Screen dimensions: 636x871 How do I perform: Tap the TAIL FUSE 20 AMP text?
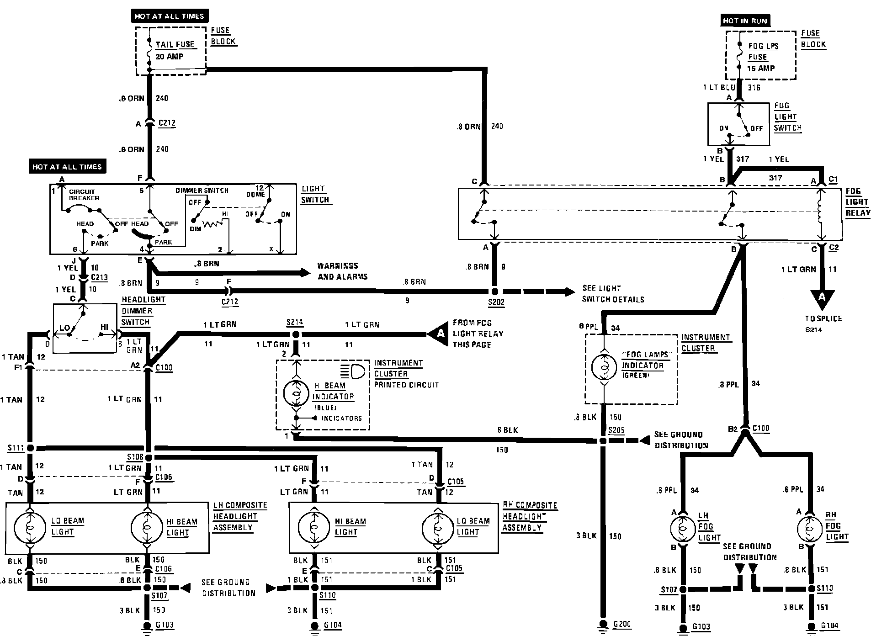[175, 50]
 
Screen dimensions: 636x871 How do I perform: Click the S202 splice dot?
[494, 291]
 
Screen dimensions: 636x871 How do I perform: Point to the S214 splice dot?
[295, 334]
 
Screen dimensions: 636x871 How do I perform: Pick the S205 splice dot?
[603, 441]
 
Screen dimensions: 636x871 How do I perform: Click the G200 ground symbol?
[603, 624]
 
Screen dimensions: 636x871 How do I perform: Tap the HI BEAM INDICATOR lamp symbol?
[297, 393]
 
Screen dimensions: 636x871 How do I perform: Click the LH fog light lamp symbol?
[683, 529]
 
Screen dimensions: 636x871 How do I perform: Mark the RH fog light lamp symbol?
[810, 529]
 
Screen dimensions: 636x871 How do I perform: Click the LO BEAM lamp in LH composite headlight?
[30, 528]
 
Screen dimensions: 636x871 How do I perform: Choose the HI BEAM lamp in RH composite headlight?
[313, 528]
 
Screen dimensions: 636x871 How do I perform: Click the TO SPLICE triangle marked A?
[822, 298]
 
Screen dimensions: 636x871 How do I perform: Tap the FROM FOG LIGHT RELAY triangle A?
[439, 334]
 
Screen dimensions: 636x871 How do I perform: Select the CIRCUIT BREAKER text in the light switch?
[83, 195]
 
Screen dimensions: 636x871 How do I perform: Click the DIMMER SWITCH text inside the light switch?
[202, 190]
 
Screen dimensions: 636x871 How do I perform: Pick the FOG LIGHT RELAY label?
[857, 202]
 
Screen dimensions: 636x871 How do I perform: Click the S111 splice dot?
[30, 448]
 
